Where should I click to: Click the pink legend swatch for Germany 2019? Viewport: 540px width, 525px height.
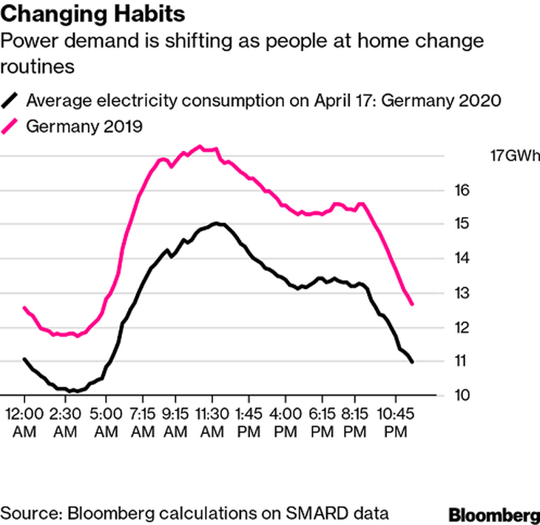13,126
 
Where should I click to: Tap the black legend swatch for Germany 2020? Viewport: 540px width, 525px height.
13,100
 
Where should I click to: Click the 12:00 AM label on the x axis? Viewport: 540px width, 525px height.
25,420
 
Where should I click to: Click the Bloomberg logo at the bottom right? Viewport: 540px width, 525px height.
494,513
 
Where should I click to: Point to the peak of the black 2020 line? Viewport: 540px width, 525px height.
216,223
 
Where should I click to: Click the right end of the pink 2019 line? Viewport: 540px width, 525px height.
412,304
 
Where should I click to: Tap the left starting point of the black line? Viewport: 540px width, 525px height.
24,359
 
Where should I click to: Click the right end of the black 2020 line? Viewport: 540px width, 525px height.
412,361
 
